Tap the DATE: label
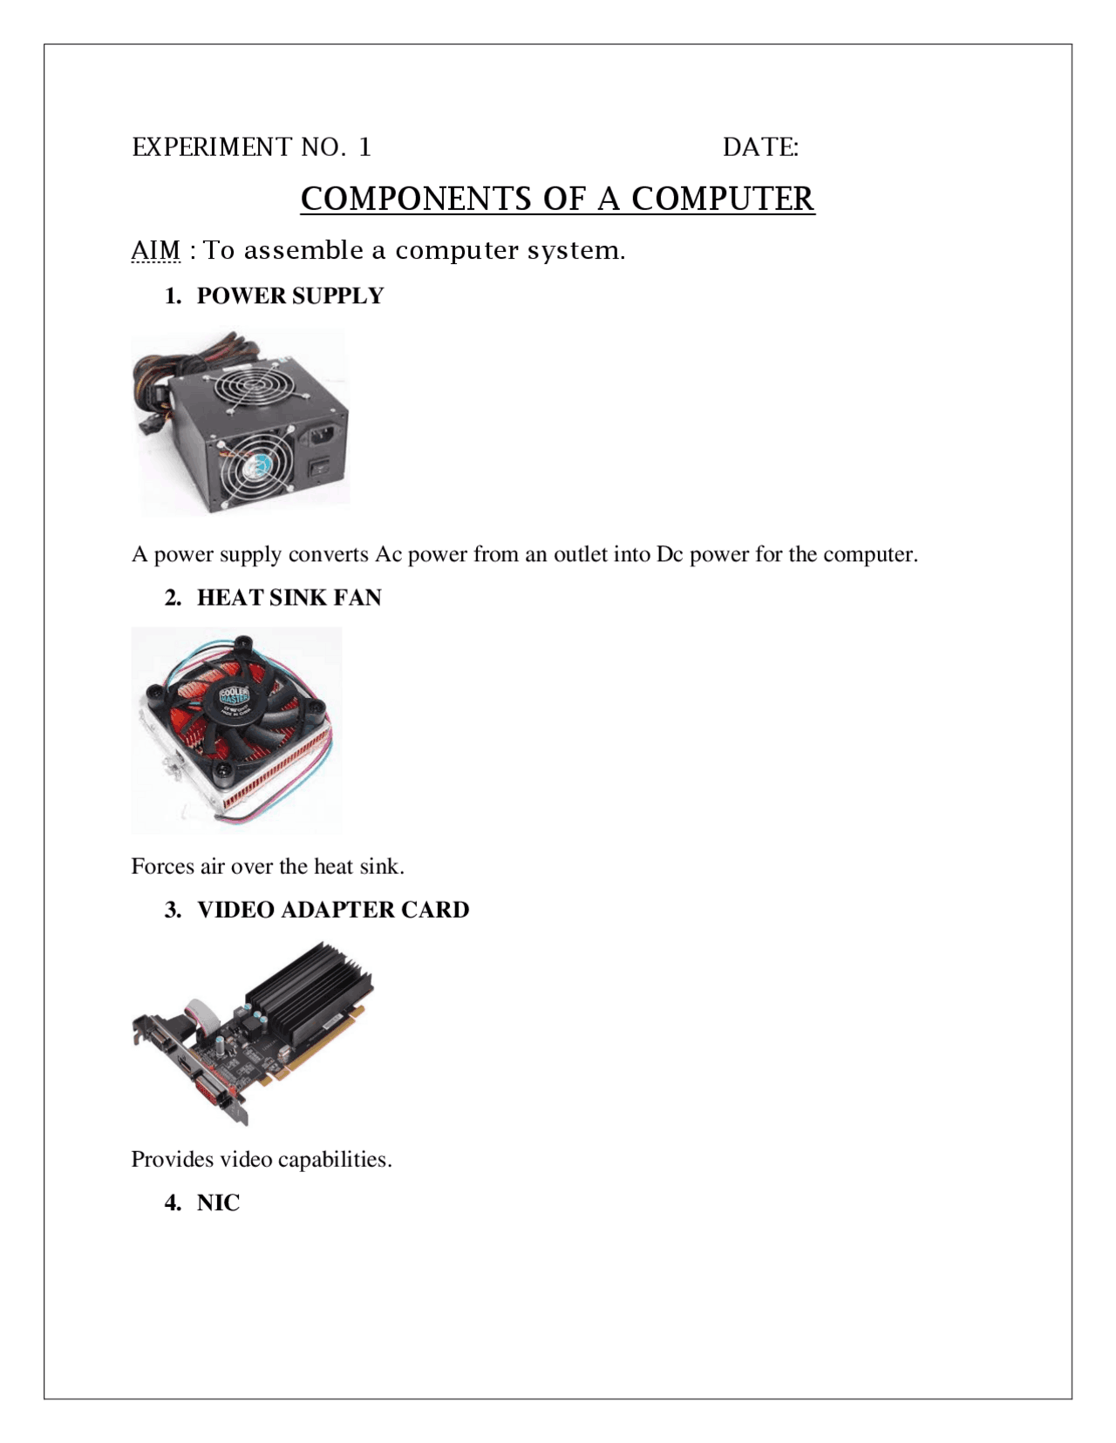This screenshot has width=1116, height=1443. coord(760,147)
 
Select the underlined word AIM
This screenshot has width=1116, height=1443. coord(155,250)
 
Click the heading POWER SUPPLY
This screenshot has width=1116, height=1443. coord(289,296)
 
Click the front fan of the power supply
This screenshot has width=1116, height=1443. coord(256,471)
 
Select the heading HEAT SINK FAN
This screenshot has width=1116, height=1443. coord(289,598)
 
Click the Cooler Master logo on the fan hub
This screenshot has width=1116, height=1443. coord(234,697)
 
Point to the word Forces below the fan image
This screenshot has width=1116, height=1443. coord(162,866)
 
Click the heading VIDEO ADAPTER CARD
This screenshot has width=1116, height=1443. coord(332,910)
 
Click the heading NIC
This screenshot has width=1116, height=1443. coord(218,1203)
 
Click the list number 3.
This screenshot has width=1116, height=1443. coord(172,910)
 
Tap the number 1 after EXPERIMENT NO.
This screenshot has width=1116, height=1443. coord(364,147)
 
